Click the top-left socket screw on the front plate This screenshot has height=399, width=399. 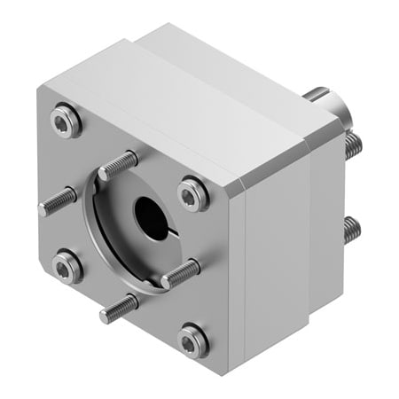coord(65,118)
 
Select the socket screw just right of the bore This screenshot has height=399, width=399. coord(192,193)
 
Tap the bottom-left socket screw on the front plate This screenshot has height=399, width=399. coord(66,265)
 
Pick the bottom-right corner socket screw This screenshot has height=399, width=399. coord(192,340)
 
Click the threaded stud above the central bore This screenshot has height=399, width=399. coord(119,166)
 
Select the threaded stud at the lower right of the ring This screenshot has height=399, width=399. coord(182,273)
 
